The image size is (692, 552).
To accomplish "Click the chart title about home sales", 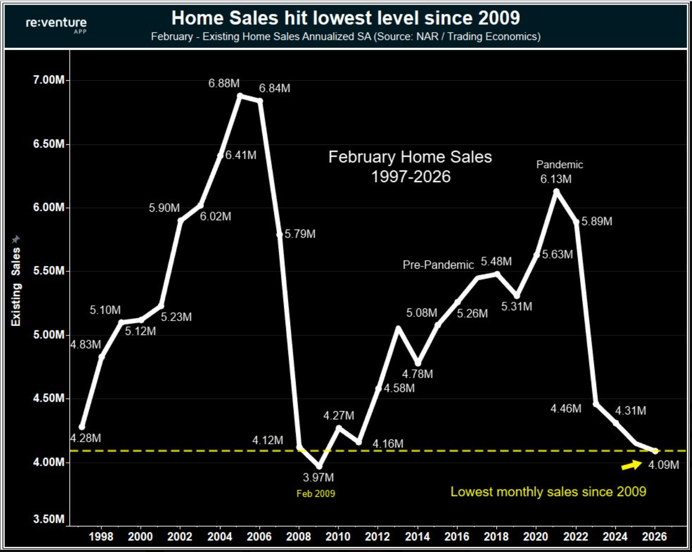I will coord(346,18).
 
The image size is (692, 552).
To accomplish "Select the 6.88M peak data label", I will coord(224,83).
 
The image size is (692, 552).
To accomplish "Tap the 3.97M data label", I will coord(318,478).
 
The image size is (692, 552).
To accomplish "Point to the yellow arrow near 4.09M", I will coord(631,465).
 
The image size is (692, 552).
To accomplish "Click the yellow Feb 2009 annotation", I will coord(316,494).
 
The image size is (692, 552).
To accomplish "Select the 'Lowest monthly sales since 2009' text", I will coord(548,492).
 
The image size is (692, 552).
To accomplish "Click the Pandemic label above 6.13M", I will coord(559,165).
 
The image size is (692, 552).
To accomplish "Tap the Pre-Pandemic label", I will coord(438,265).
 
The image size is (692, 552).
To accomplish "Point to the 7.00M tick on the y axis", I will coord(49,80).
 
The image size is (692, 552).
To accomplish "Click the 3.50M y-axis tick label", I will coord(49,519).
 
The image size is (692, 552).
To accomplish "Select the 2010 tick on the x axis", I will coord(338,536).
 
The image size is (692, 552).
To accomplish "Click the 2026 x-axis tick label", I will coord(654,536).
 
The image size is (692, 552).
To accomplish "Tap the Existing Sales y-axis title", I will coord(16,287).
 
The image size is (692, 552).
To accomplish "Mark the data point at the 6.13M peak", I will coord(556,191).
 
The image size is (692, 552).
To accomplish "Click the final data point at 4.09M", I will coord(655,451).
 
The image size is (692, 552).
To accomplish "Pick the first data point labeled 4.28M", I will coord(82,427).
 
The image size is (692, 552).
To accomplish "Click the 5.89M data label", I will coord(597,222).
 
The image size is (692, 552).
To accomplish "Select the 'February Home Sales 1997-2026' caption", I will coord(410,166).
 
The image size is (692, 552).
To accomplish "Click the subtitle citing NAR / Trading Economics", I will coord(346,37).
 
